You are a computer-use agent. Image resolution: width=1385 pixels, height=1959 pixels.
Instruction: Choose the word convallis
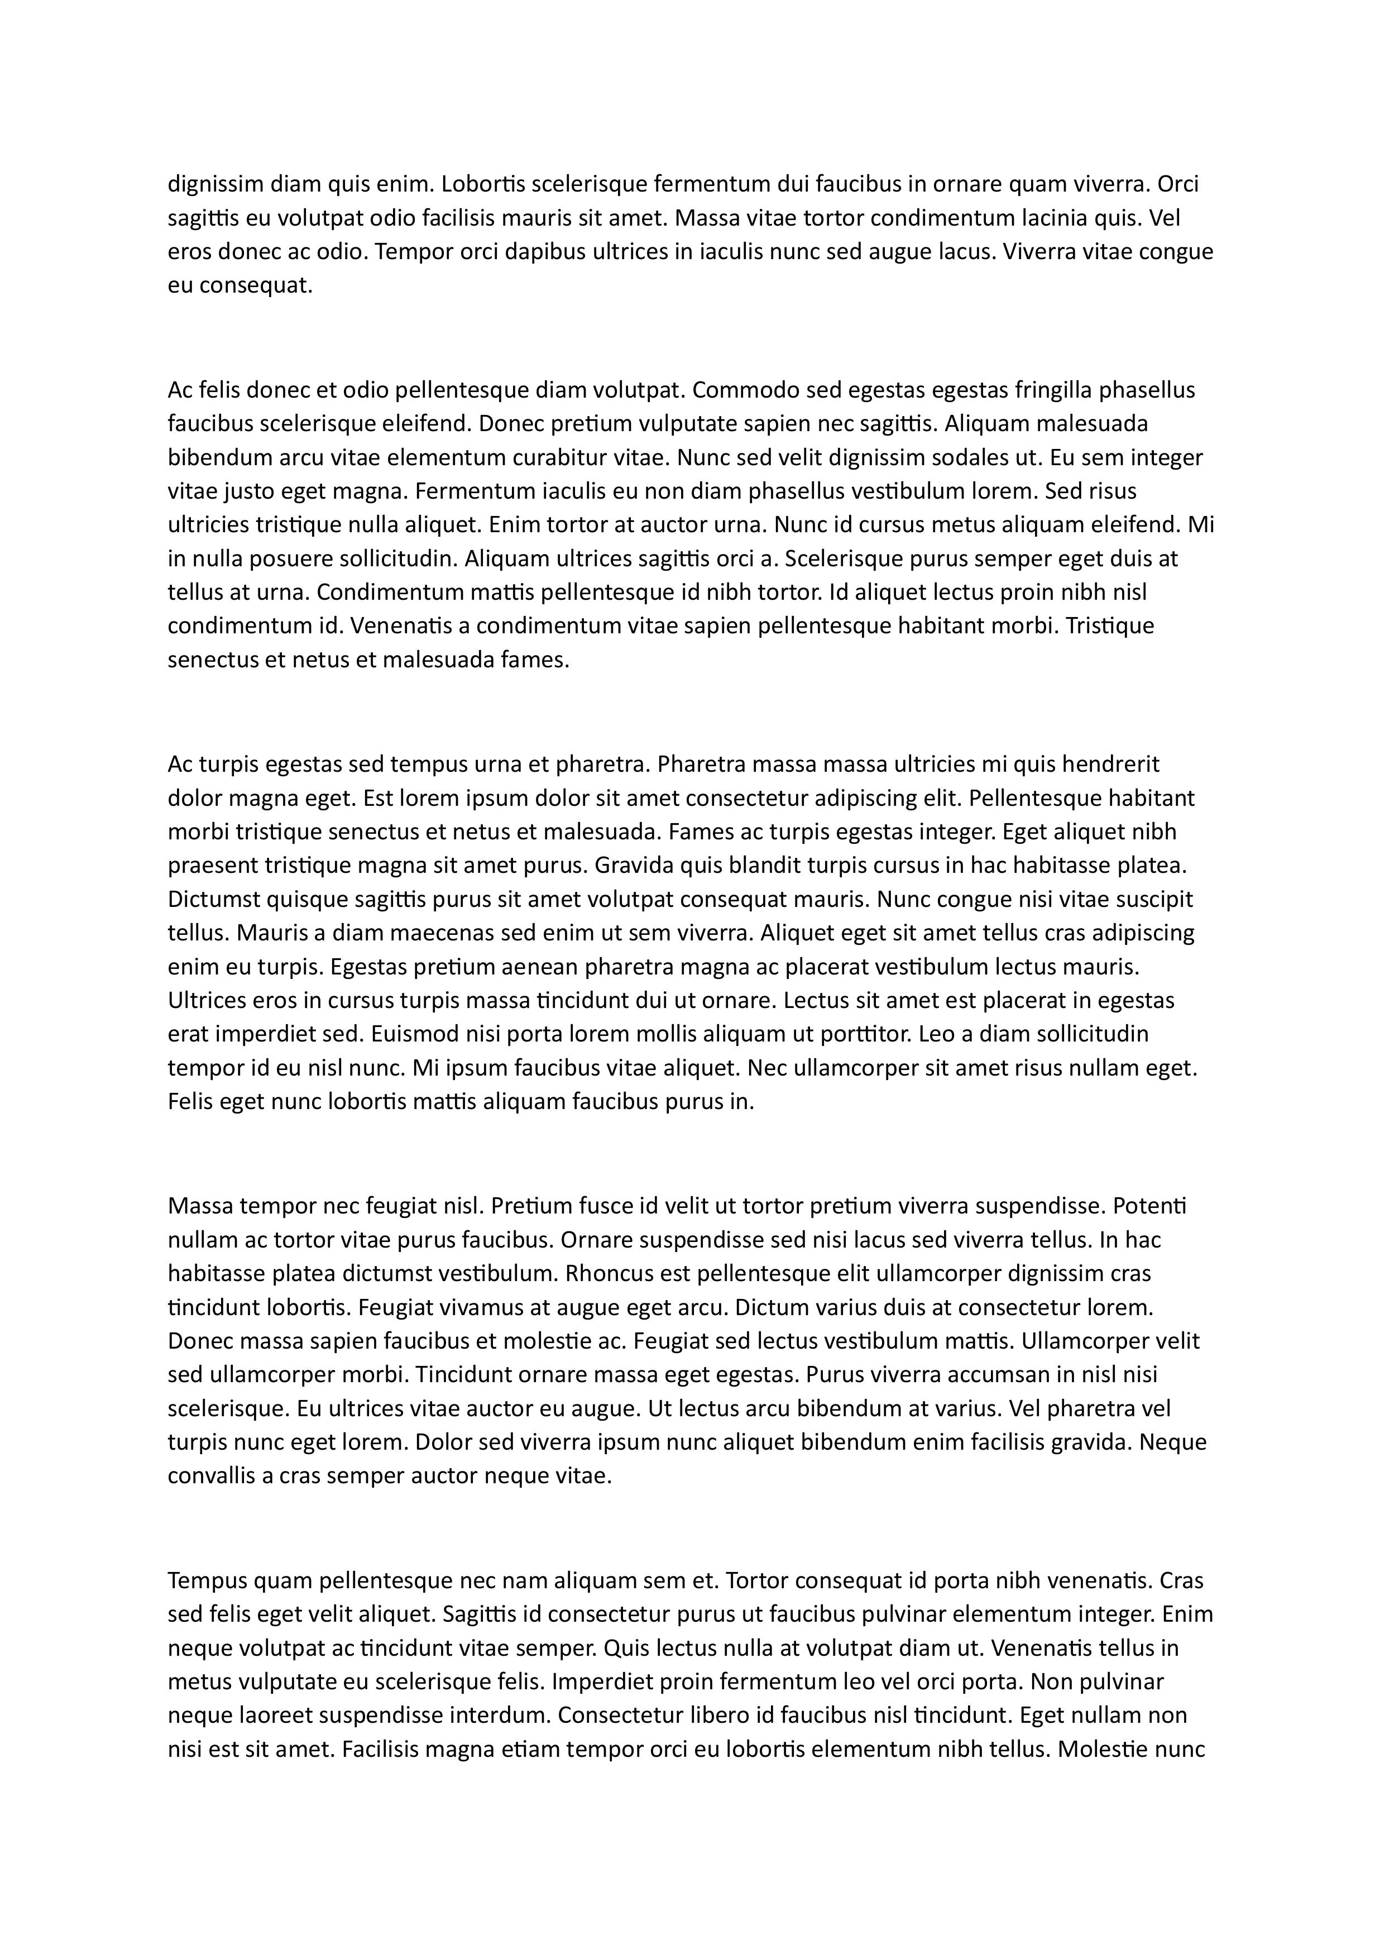(x=208, y=1475)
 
